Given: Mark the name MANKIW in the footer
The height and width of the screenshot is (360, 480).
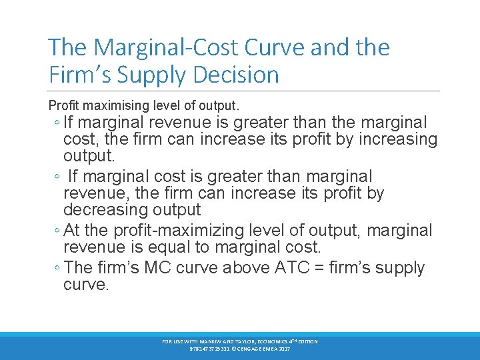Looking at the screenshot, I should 204,341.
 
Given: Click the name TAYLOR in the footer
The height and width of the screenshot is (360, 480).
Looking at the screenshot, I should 239,341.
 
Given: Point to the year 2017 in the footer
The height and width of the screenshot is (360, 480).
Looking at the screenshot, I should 283,349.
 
